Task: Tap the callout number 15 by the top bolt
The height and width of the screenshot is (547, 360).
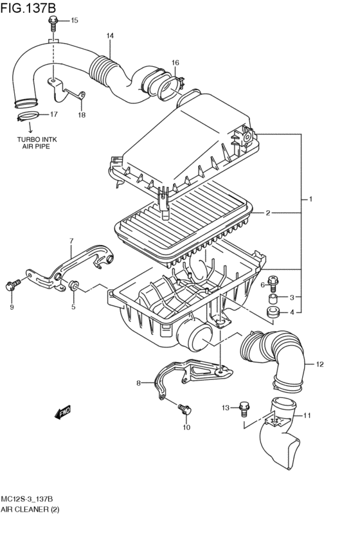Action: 74,21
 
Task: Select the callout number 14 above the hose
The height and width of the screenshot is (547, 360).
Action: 110,35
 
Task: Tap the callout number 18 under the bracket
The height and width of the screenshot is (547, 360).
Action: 82,115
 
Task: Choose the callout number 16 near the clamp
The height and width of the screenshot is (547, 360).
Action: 175,62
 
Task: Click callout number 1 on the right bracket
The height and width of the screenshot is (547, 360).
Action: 310,199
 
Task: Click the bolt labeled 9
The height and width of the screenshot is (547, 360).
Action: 12,285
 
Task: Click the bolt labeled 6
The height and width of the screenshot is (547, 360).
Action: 274,280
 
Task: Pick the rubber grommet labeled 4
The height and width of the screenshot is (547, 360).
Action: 274,313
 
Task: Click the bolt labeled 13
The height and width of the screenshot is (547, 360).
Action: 243,406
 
